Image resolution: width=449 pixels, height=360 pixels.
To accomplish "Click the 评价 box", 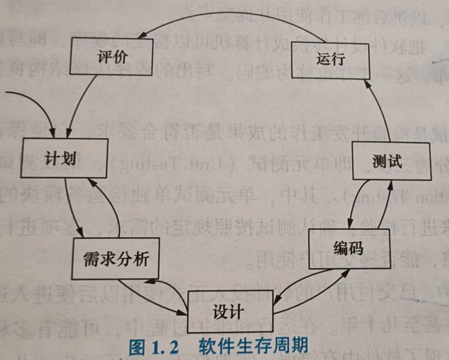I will pyautogui.click(x=112, y=57).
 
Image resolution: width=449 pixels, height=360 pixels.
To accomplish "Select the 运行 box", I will pyautogui.click(x=330, y=60).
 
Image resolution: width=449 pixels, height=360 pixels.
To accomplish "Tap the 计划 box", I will pyautogui.click(x=64, y=158).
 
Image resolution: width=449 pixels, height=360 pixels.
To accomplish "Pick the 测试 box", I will pyautogui.click(x=392, y=161).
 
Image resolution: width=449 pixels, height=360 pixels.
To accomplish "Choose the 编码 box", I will pyautogui.click(x=349, y=249).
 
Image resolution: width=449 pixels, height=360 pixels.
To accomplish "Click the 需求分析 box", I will pyautogui.click(x=115, y=258).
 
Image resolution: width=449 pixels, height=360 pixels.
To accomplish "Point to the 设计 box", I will pyautogui.click(x=230, y=311).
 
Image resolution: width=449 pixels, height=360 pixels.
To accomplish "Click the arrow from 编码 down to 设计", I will pyautogui.click(x=299, y=281).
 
